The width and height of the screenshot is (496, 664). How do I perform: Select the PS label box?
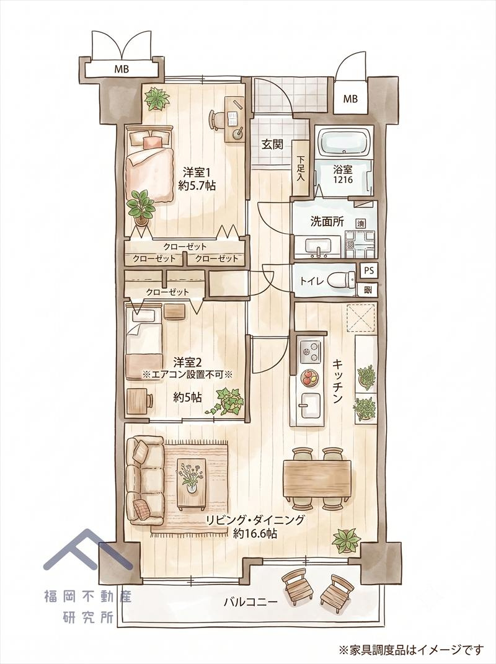tap(368, 270)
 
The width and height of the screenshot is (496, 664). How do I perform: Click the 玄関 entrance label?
tap(272, 144)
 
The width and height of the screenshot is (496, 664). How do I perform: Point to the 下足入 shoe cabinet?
tap(301, 168)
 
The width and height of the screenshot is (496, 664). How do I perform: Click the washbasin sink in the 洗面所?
tap(318, 246)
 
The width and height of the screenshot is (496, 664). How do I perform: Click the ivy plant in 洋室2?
tap(226, 402)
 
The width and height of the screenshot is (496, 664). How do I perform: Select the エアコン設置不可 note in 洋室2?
tap(188, 374)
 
